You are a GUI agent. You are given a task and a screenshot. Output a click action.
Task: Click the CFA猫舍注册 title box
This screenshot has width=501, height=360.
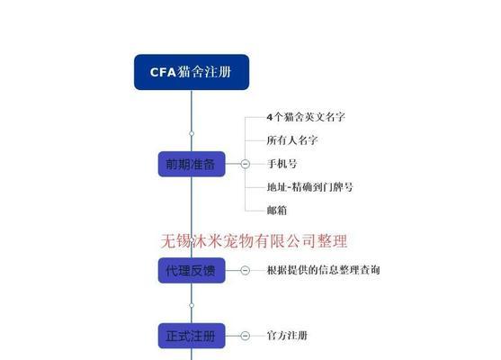point(192,72)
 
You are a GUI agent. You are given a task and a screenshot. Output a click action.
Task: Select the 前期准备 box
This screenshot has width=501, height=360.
point(192,164)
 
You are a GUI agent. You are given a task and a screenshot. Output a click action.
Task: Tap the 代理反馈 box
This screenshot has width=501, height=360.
point(192,271)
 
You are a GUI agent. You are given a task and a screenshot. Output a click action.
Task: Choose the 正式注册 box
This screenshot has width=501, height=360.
point(192,336)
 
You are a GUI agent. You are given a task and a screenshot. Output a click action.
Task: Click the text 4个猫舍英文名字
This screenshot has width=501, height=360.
point(306,117)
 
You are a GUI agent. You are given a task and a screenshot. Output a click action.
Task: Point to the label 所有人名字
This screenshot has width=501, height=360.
point(292,140)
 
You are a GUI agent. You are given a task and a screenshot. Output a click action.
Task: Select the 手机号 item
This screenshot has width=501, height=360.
point(282,164)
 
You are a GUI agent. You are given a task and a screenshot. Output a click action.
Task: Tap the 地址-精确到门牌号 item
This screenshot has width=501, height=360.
point(310,187)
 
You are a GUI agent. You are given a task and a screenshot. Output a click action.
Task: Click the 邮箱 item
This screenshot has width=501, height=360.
point(277,211)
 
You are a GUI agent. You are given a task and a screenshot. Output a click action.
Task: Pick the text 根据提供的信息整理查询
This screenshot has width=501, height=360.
point(323,270)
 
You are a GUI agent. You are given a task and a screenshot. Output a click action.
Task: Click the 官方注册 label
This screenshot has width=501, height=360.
point(287,336)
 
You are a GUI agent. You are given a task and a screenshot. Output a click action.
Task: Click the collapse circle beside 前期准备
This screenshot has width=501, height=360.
point(245,164)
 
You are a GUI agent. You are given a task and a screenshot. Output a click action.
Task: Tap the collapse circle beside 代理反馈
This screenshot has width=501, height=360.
point(245,271)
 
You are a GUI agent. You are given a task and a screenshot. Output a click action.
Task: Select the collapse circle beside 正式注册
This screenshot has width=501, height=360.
point(245,336)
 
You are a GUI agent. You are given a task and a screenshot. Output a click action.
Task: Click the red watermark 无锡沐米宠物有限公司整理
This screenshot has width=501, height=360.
point(254,241)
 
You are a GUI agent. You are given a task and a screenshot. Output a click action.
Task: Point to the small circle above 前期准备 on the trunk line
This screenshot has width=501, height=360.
point(192,133)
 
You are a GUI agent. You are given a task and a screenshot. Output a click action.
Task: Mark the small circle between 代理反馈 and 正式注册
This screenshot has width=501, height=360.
point(192,305)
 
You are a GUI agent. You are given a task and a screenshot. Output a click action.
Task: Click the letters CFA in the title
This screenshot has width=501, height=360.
point(163,72)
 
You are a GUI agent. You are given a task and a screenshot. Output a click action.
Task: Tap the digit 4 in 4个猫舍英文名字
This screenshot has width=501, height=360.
point(270,117)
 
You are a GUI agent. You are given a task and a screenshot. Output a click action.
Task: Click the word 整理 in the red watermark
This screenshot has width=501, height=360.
point(332,241)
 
